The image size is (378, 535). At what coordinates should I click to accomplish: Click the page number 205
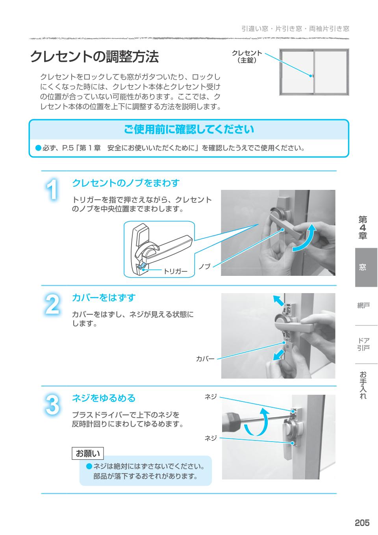coord(362,522)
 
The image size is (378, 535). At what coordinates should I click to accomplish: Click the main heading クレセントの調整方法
coord(94,57)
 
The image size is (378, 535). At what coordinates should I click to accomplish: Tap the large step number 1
coord(52,190)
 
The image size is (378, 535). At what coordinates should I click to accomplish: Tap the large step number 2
coord(52,305)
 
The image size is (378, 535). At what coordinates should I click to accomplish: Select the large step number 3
coord(52,405)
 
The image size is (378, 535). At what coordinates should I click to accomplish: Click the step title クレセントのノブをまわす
coord(126,183)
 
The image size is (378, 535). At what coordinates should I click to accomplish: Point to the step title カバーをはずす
coord(104,297)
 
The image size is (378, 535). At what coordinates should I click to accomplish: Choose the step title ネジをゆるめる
coord(104,398)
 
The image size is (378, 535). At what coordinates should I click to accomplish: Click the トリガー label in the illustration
coord(176,271)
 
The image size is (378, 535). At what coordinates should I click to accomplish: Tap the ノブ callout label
coord(204,267)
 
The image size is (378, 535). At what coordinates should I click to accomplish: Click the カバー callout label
coord(205,359)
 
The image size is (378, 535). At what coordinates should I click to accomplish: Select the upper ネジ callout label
coord(211,397)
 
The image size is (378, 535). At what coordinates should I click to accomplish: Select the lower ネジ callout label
coord(211,438)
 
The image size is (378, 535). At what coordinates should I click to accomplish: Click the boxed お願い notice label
coord(88,453)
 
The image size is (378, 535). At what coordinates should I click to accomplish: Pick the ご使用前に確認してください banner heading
coord(189,129)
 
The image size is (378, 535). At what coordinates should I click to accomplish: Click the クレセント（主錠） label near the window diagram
coord(247,57)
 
